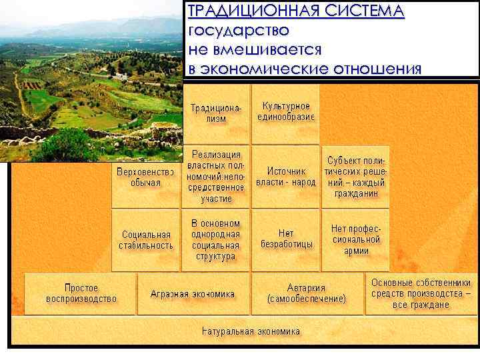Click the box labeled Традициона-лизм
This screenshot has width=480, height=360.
click(217, 113)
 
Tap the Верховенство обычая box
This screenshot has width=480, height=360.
click(145, 177)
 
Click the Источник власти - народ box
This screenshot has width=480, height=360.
click(287, 176)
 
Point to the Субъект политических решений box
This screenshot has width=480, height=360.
click(356, 177)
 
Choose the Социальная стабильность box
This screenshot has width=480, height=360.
click(145, 240)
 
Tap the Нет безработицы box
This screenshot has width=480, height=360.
click(287, 239)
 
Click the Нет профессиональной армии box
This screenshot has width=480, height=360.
click(356, 239)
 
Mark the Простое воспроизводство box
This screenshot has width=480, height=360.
click(81, 293)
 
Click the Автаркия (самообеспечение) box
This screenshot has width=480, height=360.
click(307, 293)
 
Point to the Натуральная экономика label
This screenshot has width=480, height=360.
click(251, 331)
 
